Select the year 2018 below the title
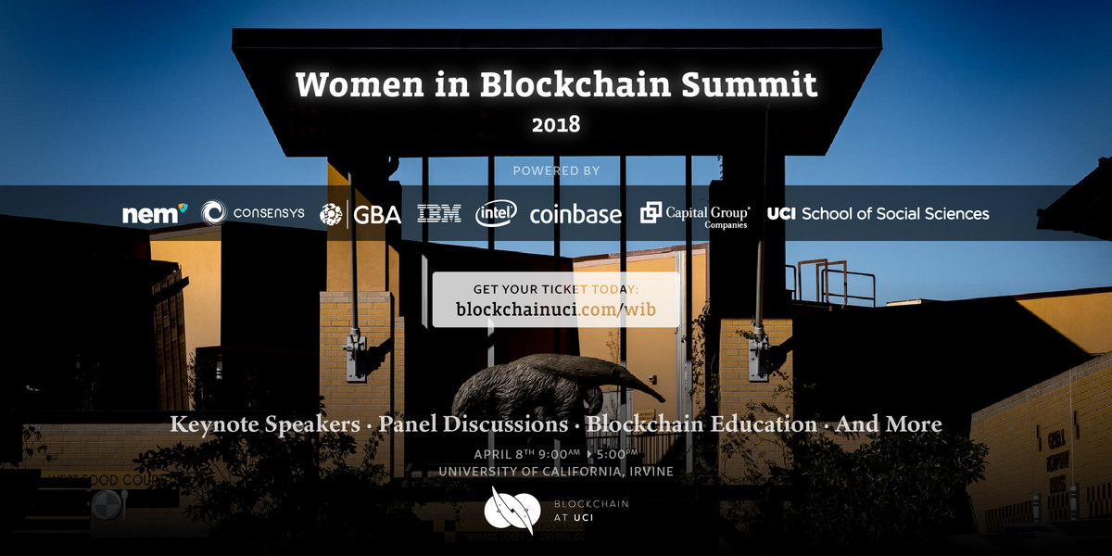(x=556, y=123)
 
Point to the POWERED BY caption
(x=556, y=171)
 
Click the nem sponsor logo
(x=155, y=214)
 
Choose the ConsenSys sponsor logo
(x=253, y=214)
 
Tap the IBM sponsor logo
(x=439, y=214)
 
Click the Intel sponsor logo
(x=496, y=214)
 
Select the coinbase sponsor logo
(x=575, y=215)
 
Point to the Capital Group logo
(x=695, y=214)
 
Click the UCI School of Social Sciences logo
(x=878, y=214)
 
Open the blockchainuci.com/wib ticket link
(x=556, y=310)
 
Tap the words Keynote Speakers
(x=265, y=425)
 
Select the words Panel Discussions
(x=474, y=425)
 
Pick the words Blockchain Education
(x=701, y=425)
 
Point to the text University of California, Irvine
(x=556, y=472)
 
